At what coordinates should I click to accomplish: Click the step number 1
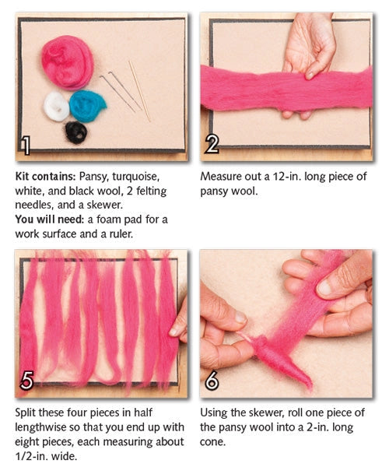[x=26, y=145]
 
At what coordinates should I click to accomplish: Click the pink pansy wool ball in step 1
[x=67, y=61]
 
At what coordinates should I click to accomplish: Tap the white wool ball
[x=56, y=106]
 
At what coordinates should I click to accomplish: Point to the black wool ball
[x=75, y=132]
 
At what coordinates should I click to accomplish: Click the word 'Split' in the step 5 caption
[x=28, y=414]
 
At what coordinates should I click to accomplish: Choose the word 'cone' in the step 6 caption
[x=213, y=442]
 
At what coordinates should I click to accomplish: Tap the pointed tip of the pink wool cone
[x=309, y=386]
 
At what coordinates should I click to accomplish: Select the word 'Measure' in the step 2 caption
[x=225, y=177]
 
